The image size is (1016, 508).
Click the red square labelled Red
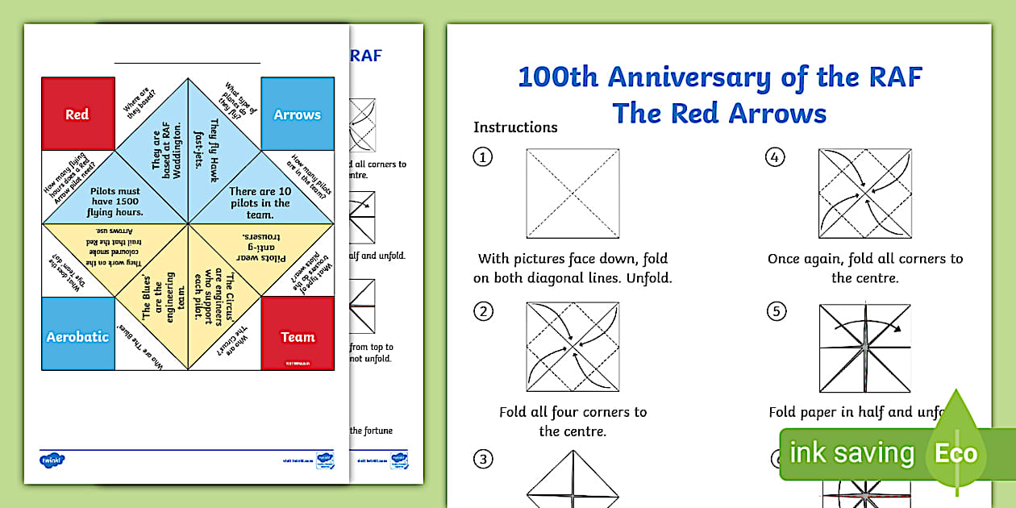77,114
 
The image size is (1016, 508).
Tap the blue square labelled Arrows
298,114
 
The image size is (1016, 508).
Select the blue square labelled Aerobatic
77,335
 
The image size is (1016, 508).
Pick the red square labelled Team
298,335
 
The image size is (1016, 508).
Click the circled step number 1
482,157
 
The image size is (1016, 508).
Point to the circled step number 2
482,311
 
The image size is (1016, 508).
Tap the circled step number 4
775,157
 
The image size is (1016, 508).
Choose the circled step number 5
775,311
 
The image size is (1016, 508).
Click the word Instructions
515,127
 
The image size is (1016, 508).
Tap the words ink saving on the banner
852,453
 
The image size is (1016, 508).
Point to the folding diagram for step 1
573,194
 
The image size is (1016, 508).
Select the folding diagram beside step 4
864,194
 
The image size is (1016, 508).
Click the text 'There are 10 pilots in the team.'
260,198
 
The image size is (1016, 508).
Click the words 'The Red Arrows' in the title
719,113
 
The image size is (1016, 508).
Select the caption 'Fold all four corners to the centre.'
573,421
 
